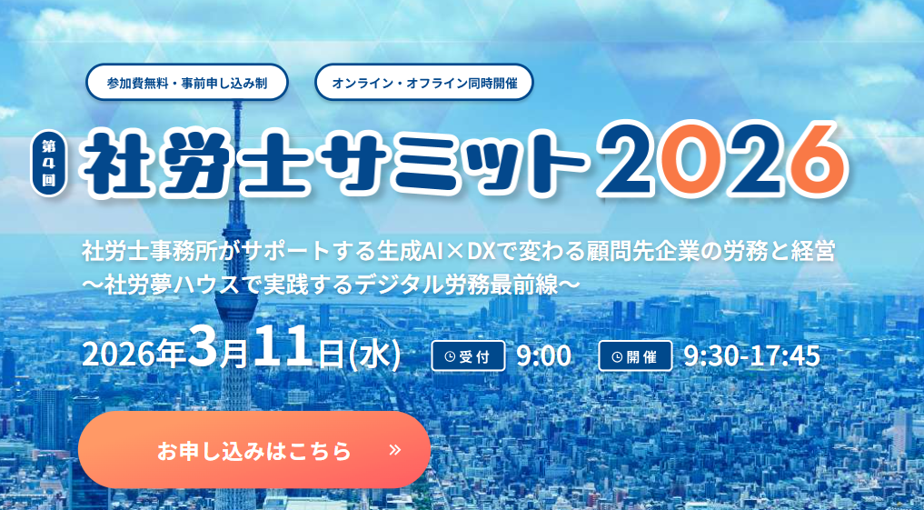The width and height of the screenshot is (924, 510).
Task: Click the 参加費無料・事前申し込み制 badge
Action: tap(186, 83)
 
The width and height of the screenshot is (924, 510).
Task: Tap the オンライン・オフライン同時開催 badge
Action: tap(423, 83)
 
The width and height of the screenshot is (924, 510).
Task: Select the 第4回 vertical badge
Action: tap(47, 163)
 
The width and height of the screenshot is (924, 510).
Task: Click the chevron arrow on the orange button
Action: tap(394, 449)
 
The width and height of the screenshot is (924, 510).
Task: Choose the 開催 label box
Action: tap(635, 355)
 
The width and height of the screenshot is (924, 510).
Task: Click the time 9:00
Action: tap(543, 355)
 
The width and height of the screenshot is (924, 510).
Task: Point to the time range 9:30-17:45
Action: tap(750, 355)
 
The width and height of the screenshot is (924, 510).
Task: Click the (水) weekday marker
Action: tap(373, 355)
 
